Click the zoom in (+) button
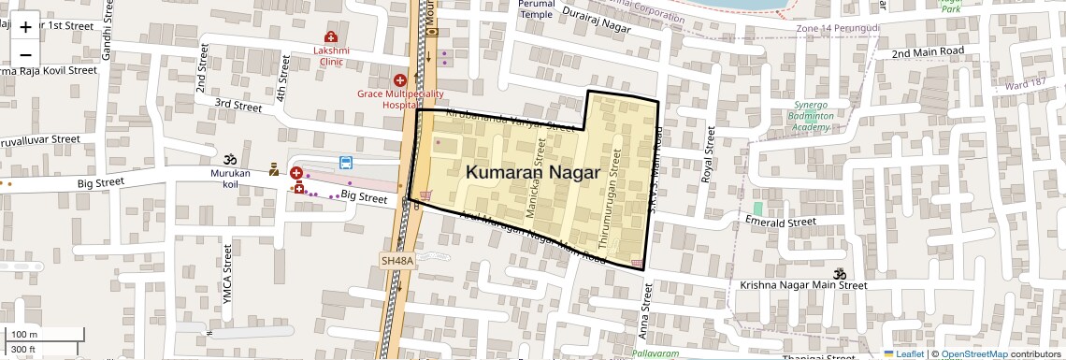point(25,27)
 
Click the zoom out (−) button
point(25,55)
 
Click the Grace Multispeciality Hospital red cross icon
point(400,81)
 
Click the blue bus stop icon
point(345,163)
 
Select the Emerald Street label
point(776,223)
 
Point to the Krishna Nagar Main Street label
point(785,283)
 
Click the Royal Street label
point(708,155)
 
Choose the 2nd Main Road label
point(927,52)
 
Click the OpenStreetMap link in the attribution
point(973,354)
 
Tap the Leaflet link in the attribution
point(909,354)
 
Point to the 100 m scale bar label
point(24,334)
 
